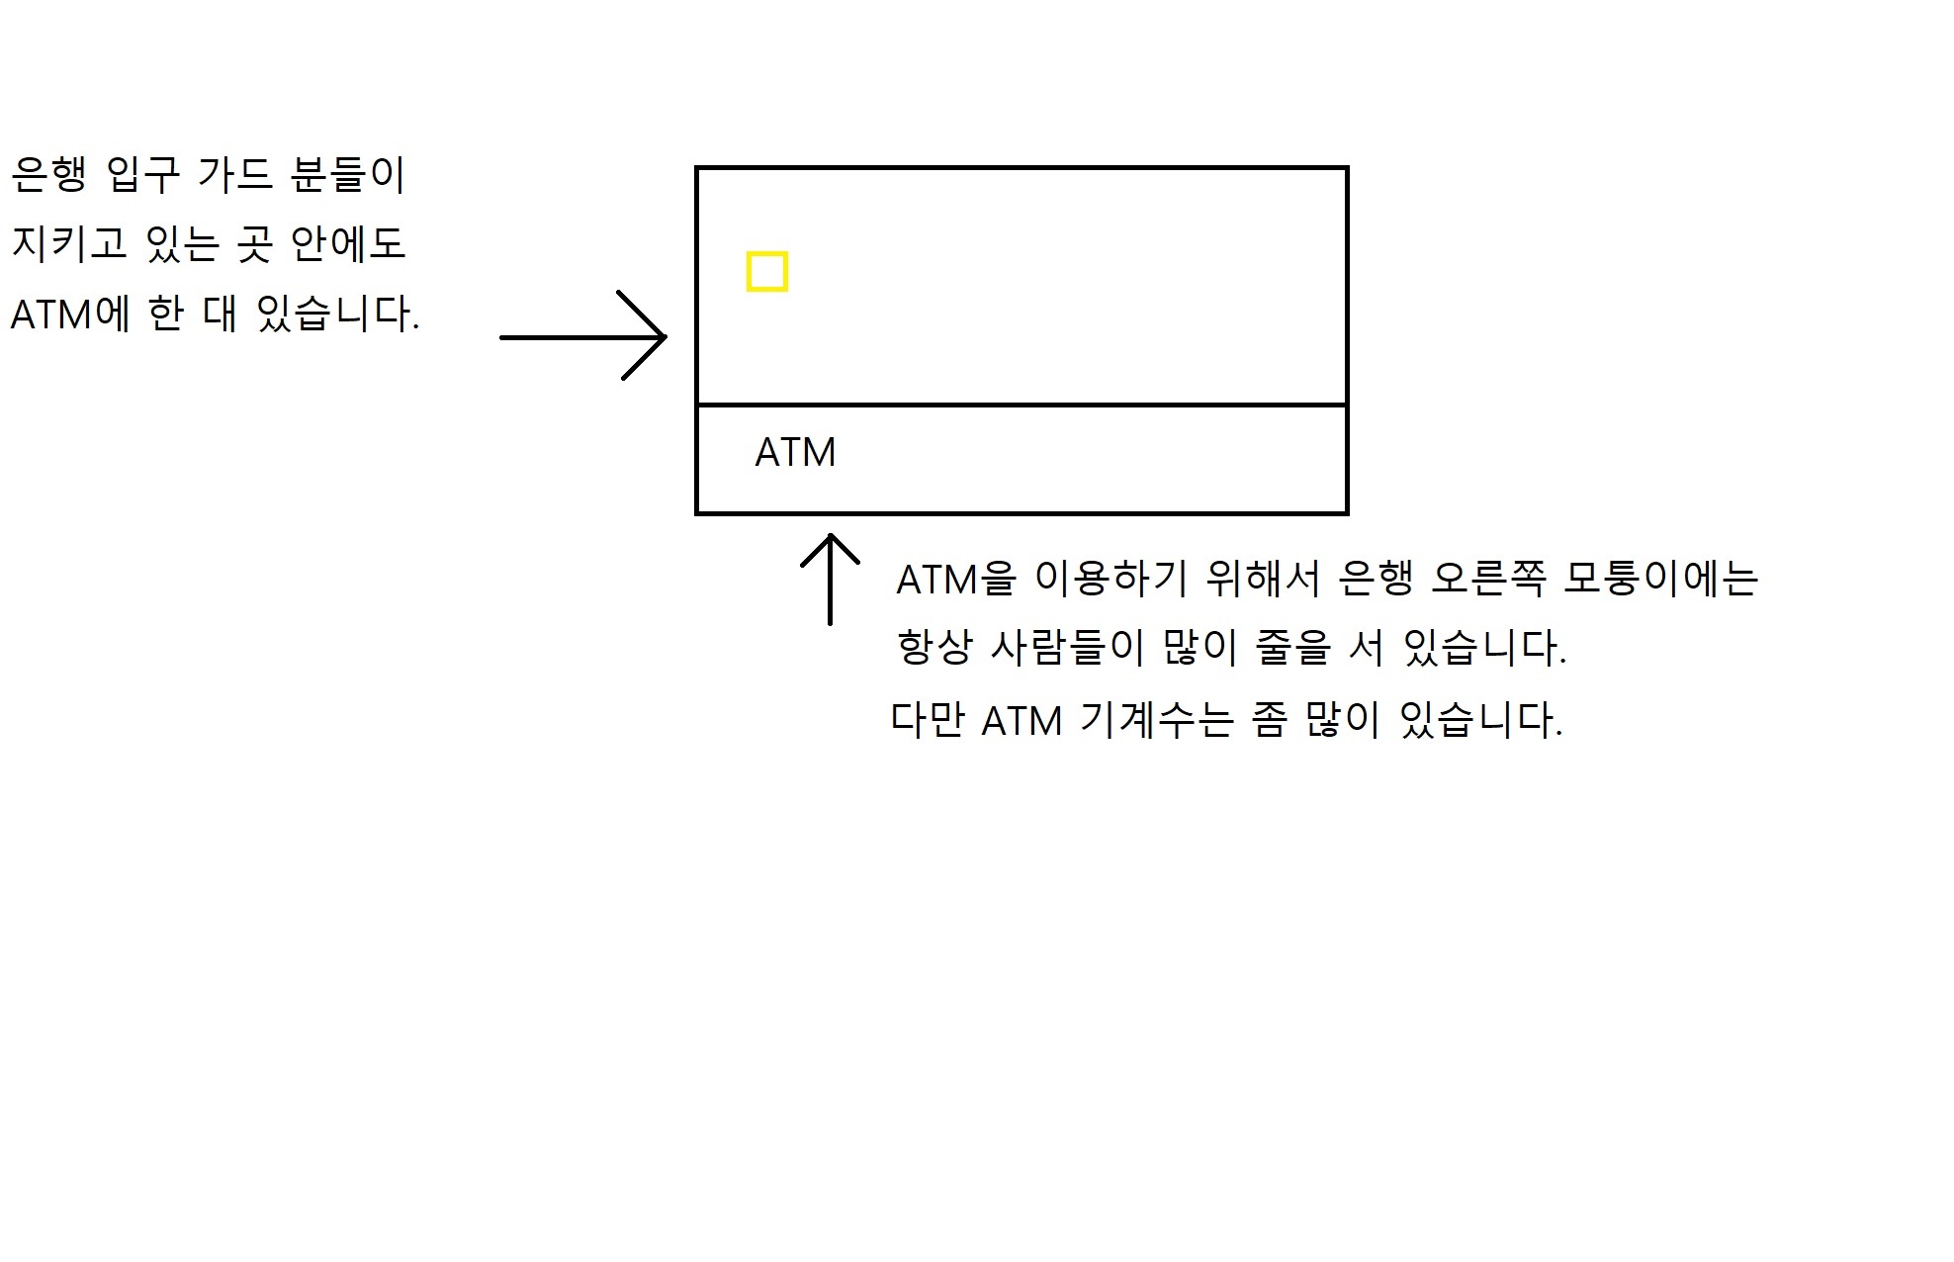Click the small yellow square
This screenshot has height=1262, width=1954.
click(x=766, y=272)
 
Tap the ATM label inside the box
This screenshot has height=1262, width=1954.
click(x=795, y=453)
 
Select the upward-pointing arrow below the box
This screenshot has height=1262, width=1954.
click(x=830, y=580)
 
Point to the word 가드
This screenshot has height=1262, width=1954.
click(x=234, y=175)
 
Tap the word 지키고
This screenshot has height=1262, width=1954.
click(x=70, y=244)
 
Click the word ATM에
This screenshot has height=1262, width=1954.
click(x=69, y=315)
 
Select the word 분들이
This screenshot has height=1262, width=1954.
click(x=348, y=175)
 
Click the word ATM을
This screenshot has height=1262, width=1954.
click(x=955, y=580)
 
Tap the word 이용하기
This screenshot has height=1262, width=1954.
click(x=1110, y=580)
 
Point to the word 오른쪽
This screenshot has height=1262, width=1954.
click(x=1487, y=580)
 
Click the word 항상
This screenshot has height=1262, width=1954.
click(x=933, y=649)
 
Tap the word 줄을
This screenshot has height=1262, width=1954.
click(x=1292, y=649)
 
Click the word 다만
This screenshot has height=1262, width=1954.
click(x=927, y=720)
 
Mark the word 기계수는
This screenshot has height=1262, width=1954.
click(x=1157, y=720)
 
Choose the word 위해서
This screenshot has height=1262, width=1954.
click(x=1263, y=580)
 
